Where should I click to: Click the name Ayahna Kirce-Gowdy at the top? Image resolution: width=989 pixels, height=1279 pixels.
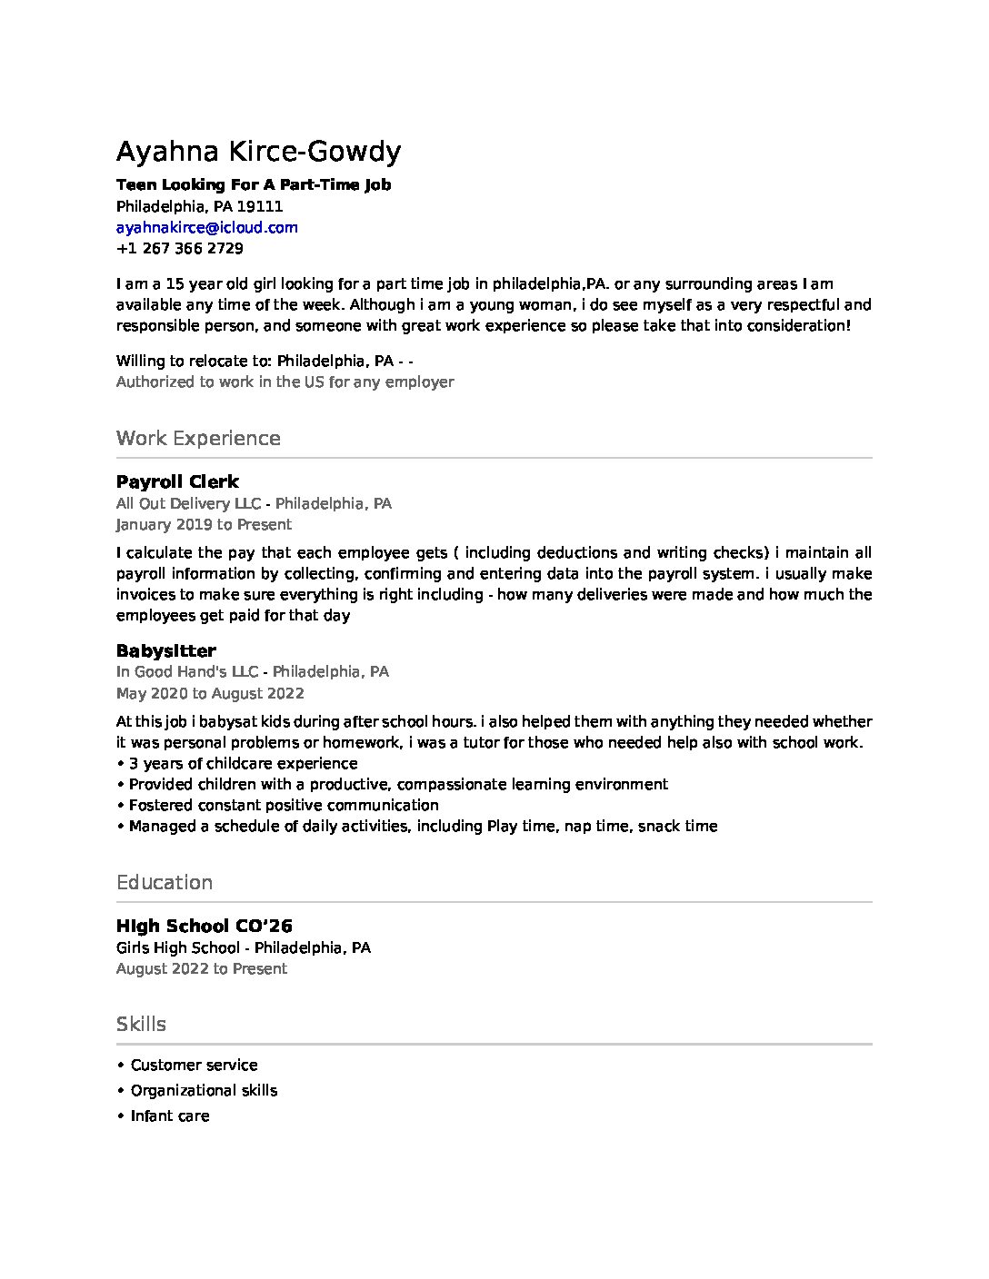click(258, 152)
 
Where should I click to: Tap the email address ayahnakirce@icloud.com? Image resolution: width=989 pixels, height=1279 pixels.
click(206, 227)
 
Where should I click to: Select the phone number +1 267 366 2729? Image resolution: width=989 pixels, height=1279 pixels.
click(179, 248)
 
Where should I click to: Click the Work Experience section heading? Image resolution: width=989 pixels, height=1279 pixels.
click(198, 438)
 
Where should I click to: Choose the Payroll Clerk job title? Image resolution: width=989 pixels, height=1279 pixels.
click(177, 481)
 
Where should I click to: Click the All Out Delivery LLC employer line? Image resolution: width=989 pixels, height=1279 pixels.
click(254, 503)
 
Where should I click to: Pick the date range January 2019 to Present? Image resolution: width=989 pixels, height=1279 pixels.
click(204, 524)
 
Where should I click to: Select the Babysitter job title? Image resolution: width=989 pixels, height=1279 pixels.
click(165, 650)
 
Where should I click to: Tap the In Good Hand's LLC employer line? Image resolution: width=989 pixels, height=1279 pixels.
click(252, 671)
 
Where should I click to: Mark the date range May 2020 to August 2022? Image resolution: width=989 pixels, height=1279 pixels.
click(210, 693)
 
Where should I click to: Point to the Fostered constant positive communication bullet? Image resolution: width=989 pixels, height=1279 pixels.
click(283, 805)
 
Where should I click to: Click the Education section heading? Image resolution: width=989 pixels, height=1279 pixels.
click(165, 882)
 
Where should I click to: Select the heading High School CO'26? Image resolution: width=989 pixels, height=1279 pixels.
click(204, 926)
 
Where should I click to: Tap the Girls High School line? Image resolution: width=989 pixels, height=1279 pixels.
click(243, 947)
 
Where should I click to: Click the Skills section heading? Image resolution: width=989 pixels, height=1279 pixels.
click(141, 1024)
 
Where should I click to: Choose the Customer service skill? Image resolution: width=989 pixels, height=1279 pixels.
click(194, 1065)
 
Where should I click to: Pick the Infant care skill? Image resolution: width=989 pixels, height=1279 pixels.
click(170, 1115)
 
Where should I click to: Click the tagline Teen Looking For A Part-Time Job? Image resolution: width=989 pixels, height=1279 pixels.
click(254, 184)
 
